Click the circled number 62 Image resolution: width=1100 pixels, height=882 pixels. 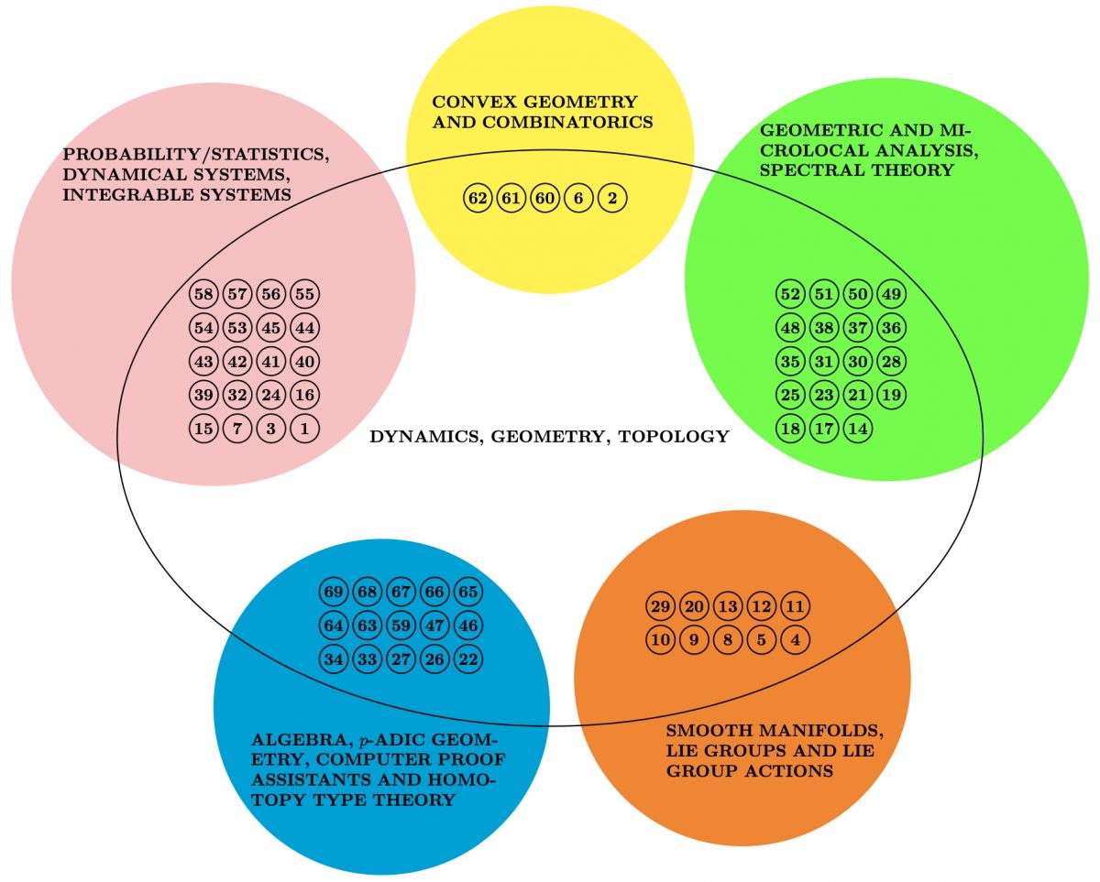[478, 198]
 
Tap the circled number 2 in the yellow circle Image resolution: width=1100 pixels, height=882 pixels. [612, 198]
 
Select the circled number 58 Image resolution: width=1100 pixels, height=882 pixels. [203, 294]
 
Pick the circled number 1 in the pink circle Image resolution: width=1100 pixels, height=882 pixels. [304, 429]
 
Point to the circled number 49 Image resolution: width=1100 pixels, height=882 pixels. [891, 294]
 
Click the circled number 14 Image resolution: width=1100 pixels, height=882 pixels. [858, 429]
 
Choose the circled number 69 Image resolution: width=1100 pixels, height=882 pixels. [334, 592]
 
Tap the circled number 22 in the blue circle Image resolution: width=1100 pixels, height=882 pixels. [468, 659]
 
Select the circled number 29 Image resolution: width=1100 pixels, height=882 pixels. [660, 606]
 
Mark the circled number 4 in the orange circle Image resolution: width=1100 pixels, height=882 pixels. [796, 640]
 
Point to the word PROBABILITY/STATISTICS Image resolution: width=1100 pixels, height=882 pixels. [196, 154]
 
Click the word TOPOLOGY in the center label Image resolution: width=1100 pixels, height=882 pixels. [674, 437]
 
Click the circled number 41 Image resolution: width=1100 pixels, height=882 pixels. [271, 362]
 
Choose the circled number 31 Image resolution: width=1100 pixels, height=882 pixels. [824, 362]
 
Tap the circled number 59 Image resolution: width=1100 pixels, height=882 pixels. [401, 626]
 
